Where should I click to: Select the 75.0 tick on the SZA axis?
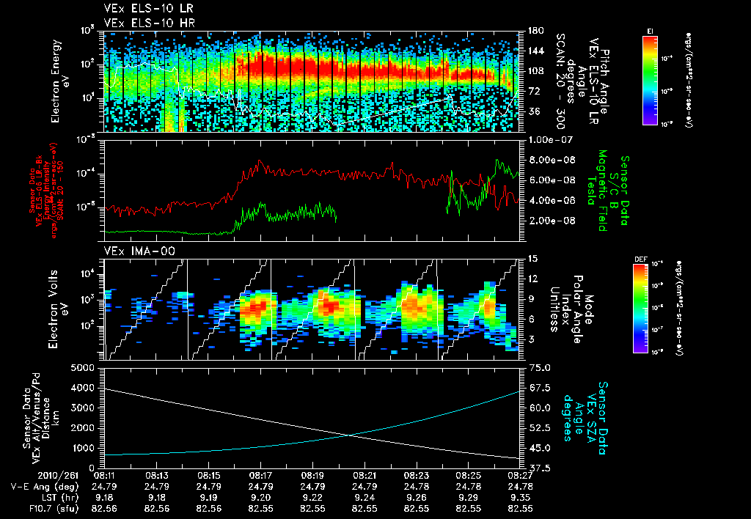coord(541,367)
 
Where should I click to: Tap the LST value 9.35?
coord(520,496)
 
